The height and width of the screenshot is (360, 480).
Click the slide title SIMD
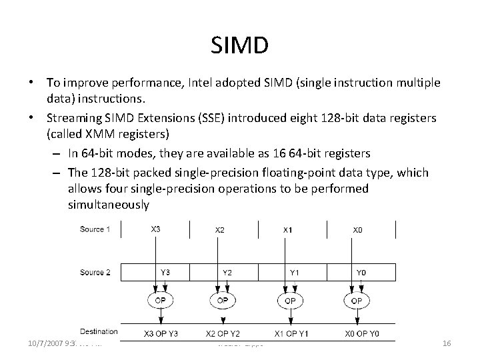coord(239,46)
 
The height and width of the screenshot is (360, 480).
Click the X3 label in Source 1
coord(155,229)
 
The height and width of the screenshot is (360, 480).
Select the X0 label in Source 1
coord(358,230)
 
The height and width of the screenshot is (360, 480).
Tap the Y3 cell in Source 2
coord(164,271)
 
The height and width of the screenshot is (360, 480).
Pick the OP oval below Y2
coord(223,301)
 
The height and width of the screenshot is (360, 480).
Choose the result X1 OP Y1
coord(291,333)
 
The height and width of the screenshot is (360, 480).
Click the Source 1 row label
coord(95,229)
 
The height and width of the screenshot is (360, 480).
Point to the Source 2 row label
coord(95,271)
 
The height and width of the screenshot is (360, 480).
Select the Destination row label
coord(99,331)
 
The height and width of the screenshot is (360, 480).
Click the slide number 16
coord(447,343)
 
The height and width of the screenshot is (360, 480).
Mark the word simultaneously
coord(108,205)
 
